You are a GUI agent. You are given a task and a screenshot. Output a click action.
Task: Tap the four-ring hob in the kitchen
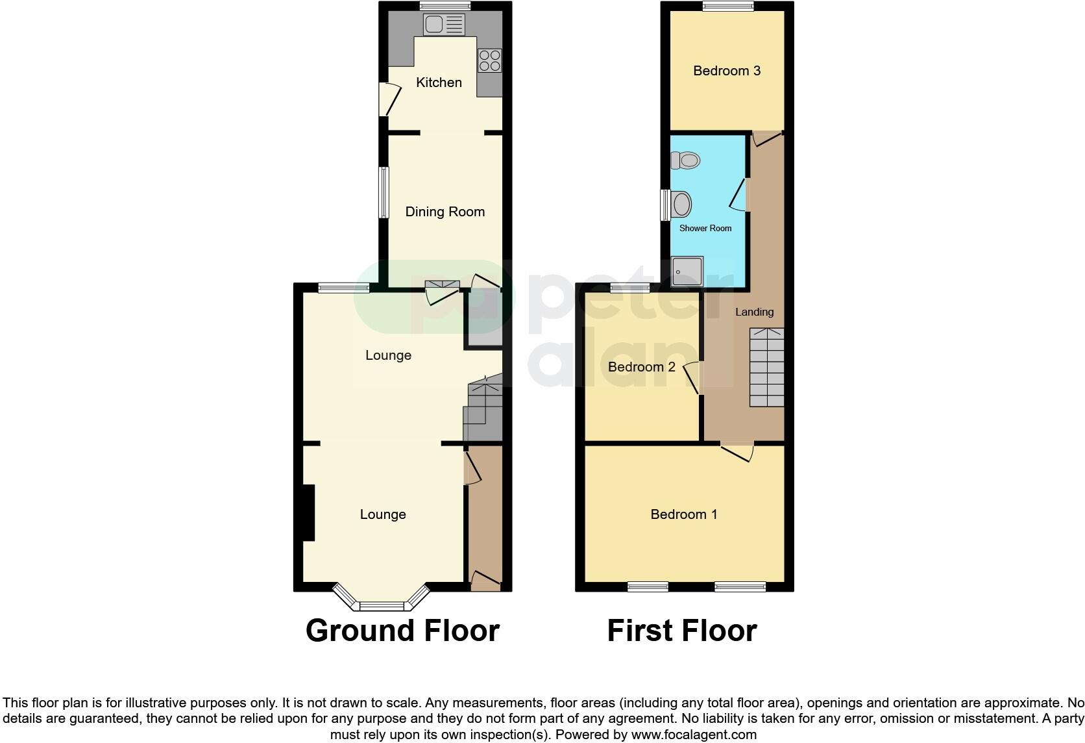click(x=489, y=61)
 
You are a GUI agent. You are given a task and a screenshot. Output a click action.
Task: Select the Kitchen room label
click(x=439, y=82)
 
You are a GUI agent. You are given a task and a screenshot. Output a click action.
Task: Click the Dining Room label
click(x=445, y=212)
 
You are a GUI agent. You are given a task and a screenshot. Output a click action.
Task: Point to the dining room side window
click(x=384, y=192)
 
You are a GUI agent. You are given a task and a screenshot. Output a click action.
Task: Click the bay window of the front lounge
click(x=382, y=605)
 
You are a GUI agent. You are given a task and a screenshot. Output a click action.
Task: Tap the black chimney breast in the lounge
click(x=308, y=512)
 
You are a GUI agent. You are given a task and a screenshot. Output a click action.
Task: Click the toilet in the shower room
click(x=686, y=160)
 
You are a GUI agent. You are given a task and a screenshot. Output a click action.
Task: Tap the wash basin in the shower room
click(x=681, y=205)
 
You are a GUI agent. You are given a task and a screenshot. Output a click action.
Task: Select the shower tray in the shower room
click(x=687, y=271)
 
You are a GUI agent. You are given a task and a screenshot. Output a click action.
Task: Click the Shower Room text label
click(x=705, y=229)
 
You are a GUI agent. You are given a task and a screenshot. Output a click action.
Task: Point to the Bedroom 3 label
click(x=726, y=71)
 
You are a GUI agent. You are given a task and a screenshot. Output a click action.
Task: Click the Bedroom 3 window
click(x=727, y=6)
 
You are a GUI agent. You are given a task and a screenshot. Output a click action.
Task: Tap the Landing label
click(x=754, y=312)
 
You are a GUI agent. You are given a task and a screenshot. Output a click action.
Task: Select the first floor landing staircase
click(x=767, y=368)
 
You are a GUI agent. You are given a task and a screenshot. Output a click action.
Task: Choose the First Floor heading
click(x=681, y=631)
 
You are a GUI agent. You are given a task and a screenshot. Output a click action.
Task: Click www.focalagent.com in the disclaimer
click(x=693, y=735)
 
